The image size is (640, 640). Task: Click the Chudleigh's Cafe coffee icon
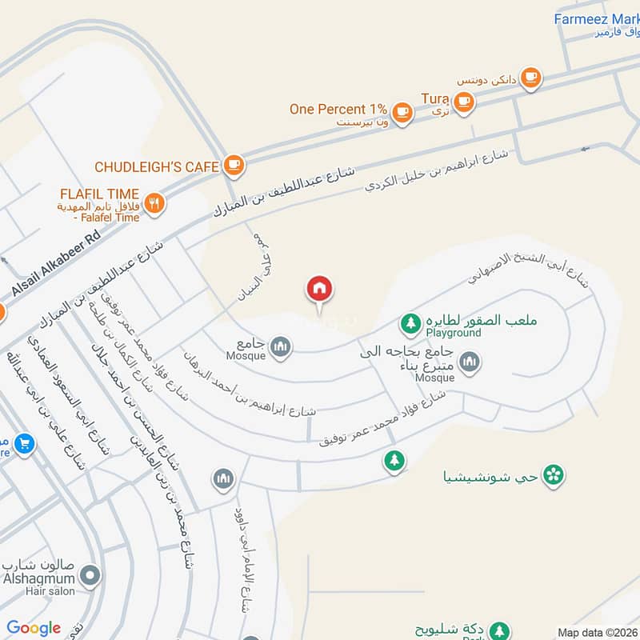click(x=234, y=166)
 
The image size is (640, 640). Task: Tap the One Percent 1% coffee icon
click(x=402, y=112)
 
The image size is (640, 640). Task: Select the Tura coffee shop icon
click(x=463, y=101)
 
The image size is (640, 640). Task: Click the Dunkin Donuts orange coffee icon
click(x=530, y=78)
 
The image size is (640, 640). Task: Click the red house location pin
click(x=320, y=290)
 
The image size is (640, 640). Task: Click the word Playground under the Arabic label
click(x=454, y=333)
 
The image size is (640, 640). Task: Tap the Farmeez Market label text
click(x=596, y=19)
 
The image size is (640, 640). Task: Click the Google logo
click(x=34, y=628)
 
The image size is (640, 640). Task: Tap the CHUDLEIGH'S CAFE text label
click(x=157, y=166)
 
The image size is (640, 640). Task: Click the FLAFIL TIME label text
click(x=99, y=194)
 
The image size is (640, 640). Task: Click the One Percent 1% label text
click(x=338, y=109)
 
